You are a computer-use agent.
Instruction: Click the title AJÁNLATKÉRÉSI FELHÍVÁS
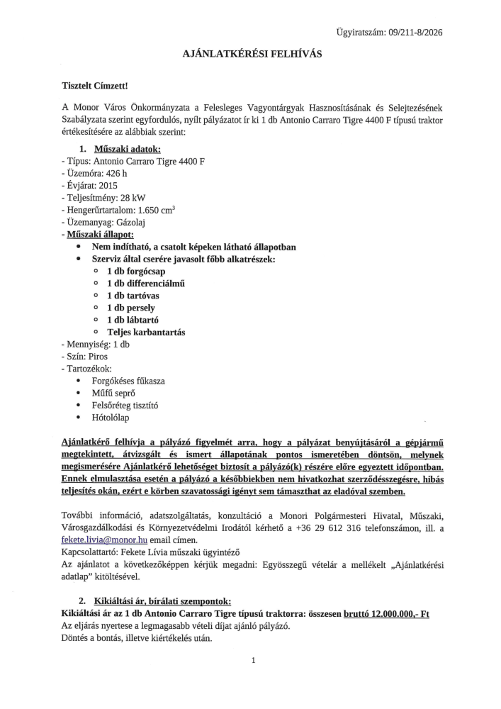[x=252, y=54]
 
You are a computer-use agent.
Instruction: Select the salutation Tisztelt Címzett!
[x=96, y=86]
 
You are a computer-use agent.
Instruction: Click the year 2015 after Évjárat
[x=108, y=186]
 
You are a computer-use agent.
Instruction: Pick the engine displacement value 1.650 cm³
[x=158, y=210]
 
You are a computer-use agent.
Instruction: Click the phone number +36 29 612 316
[x=317, y=527]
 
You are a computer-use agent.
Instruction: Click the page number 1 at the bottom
[x=252, y=661]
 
